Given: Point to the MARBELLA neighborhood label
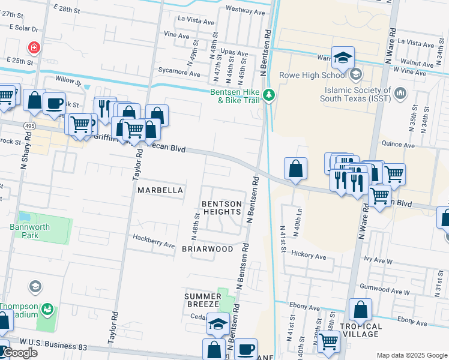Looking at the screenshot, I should tap(160, 190).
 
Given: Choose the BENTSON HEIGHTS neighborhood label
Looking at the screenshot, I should tap(221, 208).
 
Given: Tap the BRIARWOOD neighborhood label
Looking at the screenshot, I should tap(207, 248).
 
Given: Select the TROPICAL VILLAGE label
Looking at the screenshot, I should tap(360, 330).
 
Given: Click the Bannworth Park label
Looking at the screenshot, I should tap(24, 231).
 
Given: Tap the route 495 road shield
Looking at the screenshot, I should tap(29, 126).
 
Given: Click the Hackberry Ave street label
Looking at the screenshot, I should tap(154, 241).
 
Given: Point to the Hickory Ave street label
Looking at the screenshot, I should tap(308, 255).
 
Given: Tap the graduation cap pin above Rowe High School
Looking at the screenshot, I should tap(343, 58).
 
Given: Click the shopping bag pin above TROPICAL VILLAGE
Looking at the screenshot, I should tap(360, 310).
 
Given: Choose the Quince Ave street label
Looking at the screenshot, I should tap(399, 145).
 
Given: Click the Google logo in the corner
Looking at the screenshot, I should tap(20, 353).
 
